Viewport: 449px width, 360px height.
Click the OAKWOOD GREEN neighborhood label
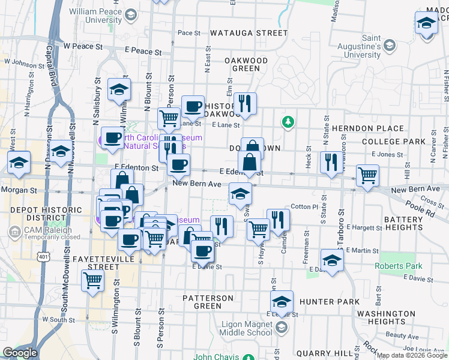tap(246, 64)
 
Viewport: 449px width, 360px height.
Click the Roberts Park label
tap(399, 266)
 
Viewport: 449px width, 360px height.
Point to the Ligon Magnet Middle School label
tap(243, 328)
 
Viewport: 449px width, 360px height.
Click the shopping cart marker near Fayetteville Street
tap(92, 280)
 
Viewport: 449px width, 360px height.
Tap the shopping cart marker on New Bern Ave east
tap(367, 175)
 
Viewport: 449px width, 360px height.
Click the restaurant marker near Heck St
tap(331, 161)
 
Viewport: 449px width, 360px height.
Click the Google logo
tap(20, 353)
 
